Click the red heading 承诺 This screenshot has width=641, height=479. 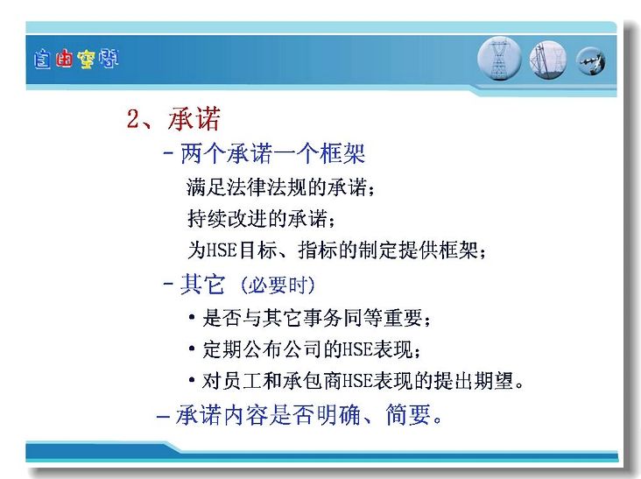(x=194, y=119)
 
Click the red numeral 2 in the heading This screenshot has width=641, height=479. (x=133, y=119)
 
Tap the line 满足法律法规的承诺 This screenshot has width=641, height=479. (x=280, y=187)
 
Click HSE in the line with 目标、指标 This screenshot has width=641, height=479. (x=222, y=250)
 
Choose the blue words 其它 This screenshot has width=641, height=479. (x=202, y=284)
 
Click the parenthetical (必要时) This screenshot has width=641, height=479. (x=278, y=285)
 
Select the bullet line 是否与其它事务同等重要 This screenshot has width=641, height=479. (x=316, y=318)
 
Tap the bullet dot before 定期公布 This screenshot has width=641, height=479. (x=192, y=349)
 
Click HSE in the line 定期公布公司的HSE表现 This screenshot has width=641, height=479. (x=357, y=349)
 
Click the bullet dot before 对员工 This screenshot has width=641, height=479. (x=192, y=380)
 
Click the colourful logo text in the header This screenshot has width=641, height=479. (x=76, y=60)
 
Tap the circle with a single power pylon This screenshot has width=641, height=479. (x=499, y=59)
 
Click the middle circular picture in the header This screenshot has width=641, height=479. (x=548, y=60)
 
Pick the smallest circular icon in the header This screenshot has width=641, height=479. (x=590, y=61)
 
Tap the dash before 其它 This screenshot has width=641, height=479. (x=167, y=283)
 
